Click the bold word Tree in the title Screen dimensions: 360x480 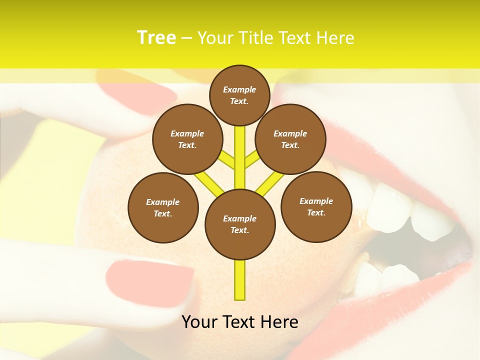click(156, 38)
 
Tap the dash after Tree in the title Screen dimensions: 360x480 click(187, 38)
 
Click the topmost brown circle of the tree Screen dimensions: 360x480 click(240, 95)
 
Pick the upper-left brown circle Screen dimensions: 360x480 click(187, 139)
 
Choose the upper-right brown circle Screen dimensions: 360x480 click(290, 139)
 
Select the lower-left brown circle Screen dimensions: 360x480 click(163, 207)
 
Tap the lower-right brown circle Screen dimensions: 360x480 click(316, 206)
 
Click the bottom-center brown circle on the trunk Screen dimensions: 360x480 click(240, 224)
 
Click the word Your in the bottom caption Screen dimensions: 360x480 click(199, 322)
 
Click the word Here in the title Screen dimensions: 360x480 click(335, 38)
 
